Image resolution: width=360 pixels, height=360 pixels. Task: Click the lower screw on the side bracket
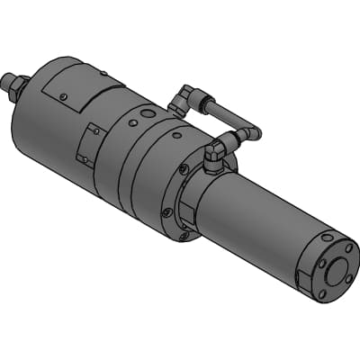(83, 160)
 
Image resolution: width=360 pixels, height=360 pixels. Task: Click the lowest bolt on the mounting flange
(184, 237)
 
